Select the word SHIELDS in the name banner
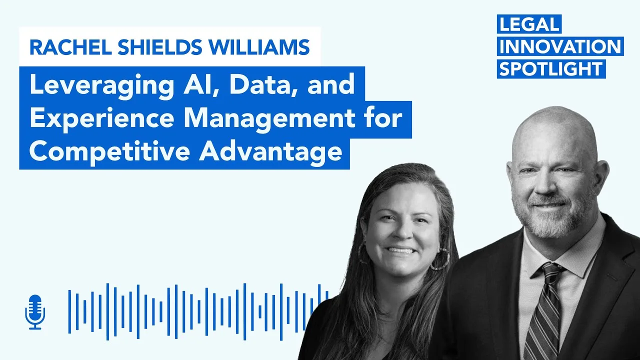160,47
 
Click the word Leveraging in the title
101,85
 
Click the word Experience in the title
101,118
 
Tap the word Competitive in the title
109,151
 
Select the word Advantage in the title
270,151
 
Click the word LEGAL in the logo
529,24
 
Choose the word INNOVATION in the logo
560,46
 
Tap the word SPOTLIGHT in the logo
550,69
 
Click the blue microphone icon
35,312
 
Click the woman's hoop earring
441,259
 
